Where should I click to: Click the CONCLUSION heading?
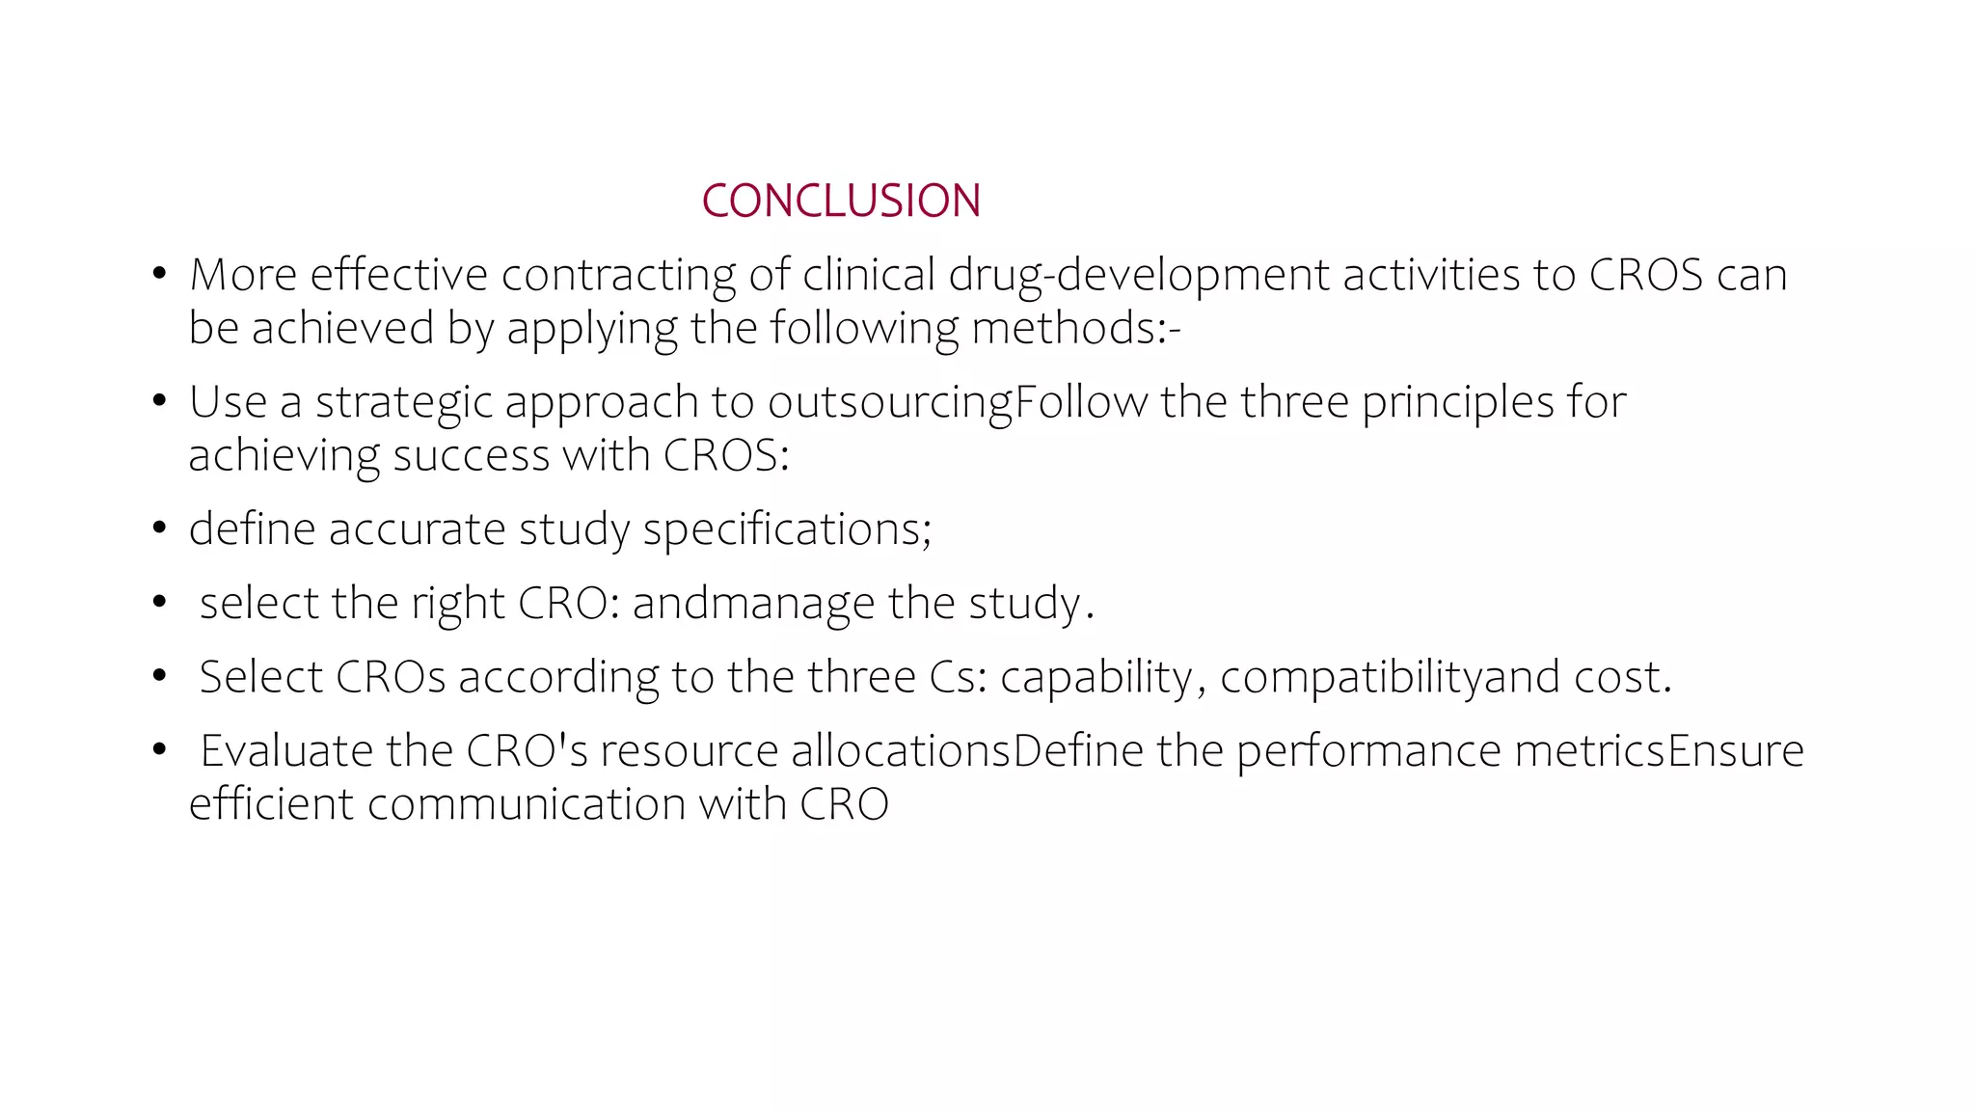[x=840, y=201]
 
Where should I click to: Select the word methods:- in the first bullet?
[x=1075, y=328]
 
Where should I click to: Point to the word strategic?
[x=404, y=402]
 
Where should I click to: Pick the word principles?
[x=1457, y=402]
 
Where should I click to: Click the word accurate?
[x=417, y=528]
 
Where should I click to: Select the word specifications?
[x=787, y=528]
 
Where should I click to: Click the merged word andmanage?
[x=753, y=603]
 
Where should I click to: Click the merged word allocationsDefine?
[x=967, y=750]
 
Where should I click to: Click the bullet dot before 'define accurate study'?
[x=160, y=528]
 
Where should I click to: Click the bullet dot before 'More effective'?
[x=160, y=275]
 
